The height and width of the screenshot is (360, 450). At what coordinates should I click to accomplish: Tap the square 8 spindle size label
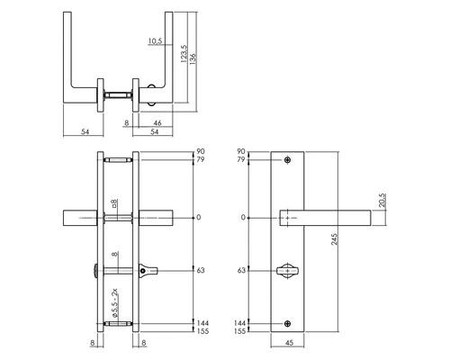(113, 204)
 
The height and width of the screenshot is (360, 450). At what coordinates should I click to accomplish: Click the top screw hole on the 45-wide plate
(288, 161)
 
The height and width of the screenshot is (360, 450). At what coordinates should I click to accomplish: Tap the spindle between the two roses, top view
(118, 92)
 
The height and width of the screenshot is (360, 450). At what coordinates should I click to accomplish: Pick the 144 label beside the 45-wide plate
(241, 321)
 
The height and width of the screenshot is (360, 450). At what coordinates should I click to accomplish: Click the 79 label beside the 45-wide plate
(241, 161)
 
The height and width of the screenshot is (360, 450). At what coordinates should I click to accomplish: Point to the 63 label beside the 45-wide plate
(242, 269)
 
